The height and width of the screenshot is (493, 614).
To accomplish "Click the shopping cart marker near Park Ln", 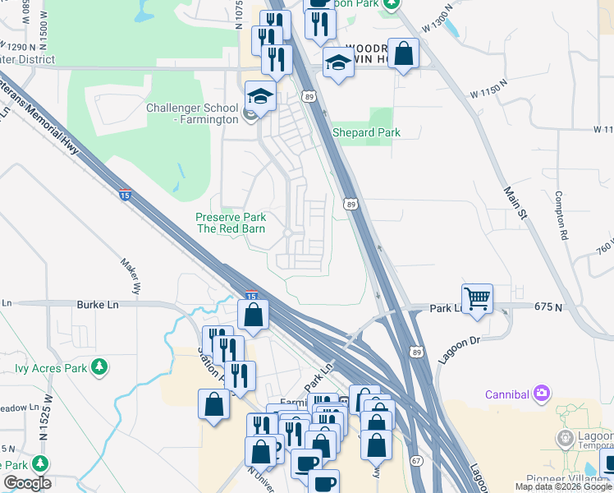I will (x=476, y=297).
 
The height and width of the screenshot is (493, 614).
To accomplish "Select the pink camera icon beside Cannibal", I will (x=541, y=393).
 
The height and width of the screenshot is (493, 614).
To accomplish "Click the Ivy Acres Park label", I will (x=50, y=366).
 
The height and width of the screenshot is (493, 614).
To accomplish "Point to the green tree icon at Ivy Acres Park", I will (x=99, y=366).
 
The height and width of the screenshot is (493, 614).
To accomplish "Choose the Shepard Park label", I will (x=366, y=133).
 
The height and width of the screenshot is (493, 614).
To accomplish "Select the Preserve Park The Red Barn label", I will (x=230, y=223).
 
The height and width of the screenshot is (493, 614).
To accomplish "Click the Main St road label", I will (x=515, y=201).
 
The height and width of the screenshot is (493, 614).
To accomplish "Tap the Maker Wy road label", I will (x=131, y=277).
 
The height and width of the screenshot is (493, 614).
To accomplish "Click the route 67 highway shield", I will (x=416, y=461).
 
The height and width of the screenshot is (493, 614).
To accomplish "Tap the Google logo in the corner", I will (x=27, y=483).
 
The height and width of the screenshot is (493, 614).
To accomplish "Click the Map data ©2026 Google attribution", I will (x=563, y=486).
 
